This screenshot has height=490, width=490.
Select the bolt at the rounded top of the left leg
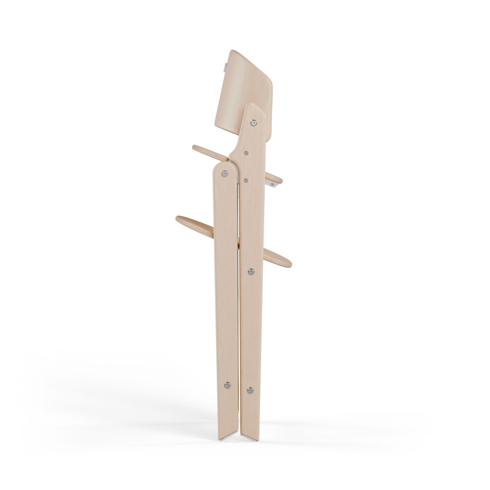(x=224, y=174)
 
